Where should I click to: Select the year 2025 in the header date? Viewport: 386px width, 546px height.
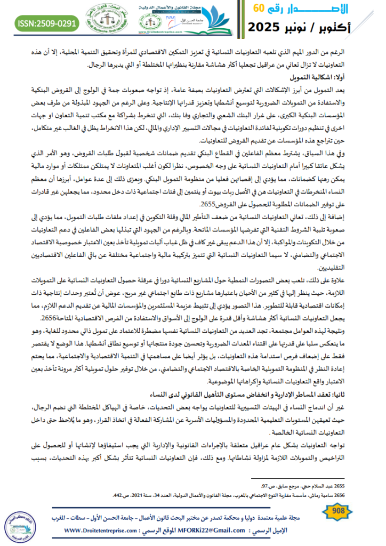(272, 27)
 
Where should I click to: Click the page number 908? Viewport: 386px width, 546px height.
(337, 511)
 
